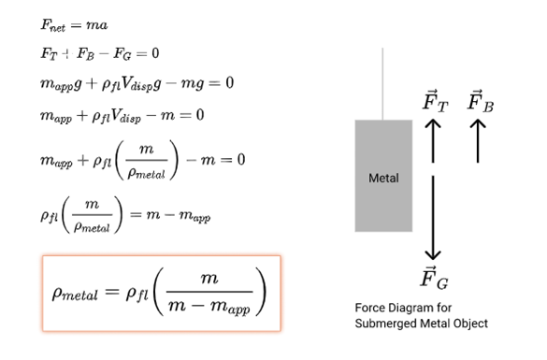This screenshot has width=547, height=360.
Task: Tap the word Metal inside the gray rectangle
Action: point(382,178)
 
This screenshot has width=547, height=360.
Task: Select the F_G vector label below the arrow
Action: point(433,277)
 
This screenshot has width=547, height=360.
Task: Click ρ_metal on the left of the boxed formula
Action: point(83,294)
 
